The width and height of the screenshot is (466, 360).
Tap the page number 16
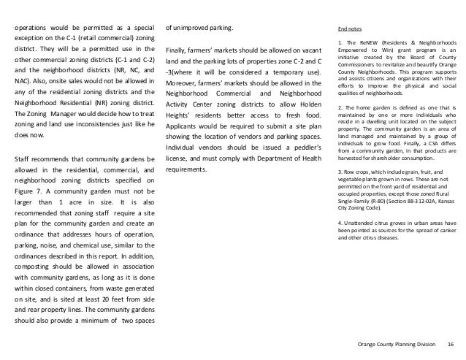pos(450,345)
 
